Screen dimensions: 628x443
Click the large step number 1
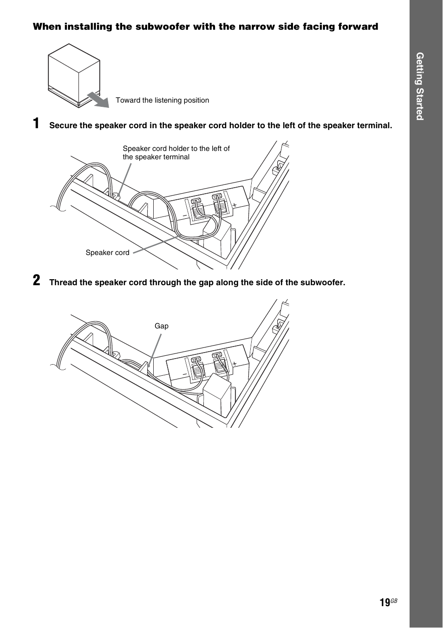(36, 124)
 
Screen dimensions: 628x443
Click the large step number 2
(36, 281)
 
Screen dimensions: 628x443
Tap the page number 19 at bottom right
(384, 603)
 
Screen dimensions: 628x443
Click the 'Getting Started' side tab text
(420, 86)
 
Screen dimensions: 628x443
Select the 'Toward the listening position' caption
(162, 100)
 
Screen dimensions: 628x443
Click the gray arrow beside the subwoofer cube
(98, 99)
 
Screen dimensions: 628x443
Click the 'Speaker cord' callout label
(107, 253)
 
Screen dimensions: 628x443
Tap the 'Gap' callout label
(162, 326)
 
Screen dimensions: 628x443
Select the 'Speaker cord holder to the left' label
(176, 153)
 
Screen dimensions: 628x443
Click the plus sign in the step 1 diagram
(235, 205)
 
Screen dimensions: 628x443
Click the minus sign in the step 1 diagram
(184, 216)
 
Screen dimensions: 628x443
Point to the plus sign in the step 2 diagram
(235, 363)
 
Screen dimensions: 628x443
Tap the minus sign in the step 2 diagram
(184, 374)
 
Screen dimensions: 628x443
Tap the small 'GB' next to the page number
(394, 601)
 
